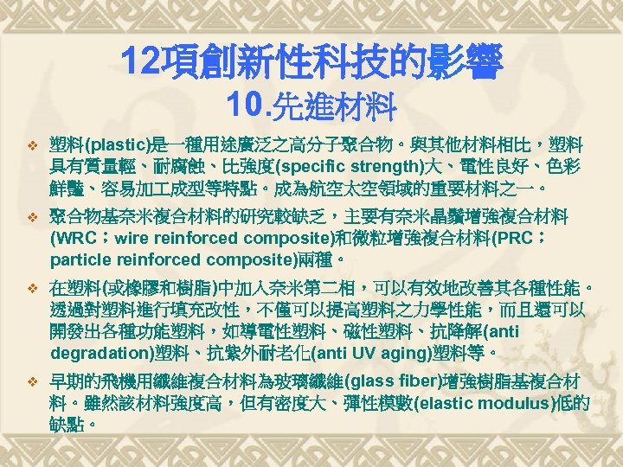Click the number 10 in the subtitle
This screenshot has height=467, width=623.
(243, 106)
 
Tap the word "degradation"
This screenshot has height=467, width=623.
(100, 353)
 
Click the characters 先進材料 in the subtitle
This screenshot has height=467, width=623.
(333, 107)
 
